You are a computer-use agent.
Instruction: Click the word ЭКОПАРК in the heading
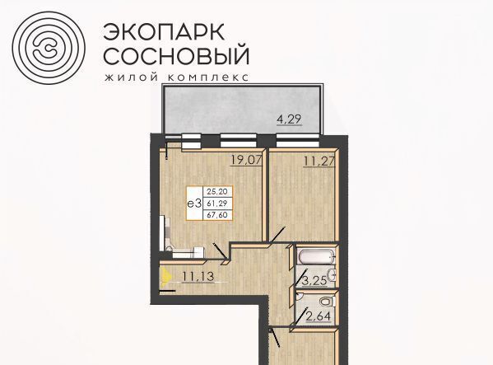[164, 32]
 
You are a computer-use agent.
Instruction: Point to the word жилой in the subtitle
[131, 77]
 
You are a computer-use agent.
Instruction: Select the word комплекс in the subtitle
[208, 77]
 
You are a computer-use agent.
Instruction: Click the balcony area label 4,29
[289, 119]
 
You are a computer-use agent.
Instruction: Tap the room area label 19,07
[246, 160]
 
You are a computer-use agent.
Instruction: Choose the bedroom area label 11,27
[319, 161]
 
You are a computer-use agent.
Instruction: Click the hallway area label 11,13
[198, 277]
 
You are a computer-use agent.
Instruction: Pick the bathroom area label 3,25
[314, 281]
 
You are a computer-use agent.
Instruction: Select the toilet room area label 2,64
[318, 316]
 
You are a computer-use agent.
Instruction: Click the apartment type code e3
[194, 204]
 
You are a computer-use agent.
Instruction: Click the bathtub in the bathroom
[316, 258]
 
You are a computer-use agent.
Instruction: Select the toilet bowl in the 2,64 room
[327, 302]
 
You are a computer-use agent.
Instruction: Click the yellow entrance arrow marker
[165, 277]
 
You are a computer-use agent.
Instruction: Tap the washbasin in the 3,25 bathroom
[332, 276]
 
